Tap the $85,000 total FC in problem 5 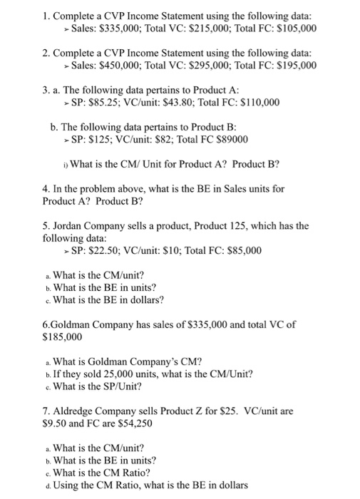240,250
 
